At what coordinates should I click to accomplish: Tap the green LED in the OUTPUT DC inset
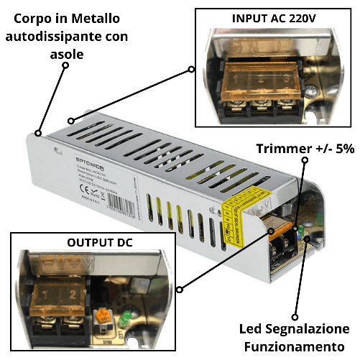pyautogui.click(x=126, y=316)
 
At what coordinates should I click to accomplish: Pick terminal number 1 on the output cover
pyautogui.click(x=45, y=295)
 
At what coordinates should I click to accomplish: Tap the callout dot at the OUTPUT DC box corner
pyautogui.click(x=179, y=290)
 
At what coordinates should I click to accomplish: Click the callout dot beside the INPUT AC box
pyautogui.click(x=191, y=70)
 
